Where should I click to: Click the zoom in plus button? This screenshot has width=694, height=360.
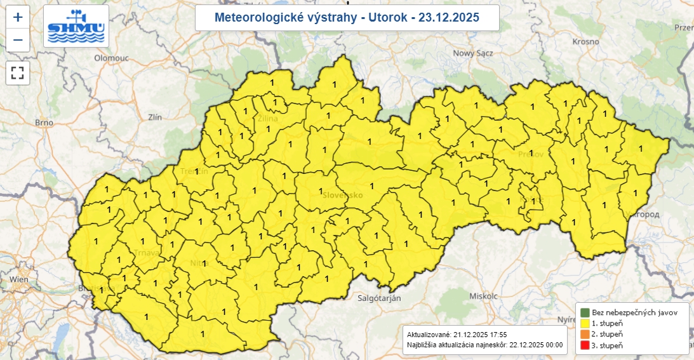pyautogui.click(x=18, y=17)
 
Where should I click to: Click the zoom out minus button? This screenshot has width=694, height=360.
pyautogui.click(x=18, y=40)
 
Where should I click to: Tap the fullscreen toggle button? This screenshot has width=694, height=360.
pyautogui.click(x=18, y=72)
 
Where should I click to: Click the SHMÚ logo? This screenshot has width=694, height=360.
pyautogui.click(x=76, y=26)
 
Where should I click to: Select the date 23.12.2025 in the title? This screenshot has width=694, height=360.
pyautogui.click(x=445, y=17)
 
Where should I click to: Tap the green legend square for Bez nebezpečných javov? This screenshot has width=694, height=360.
pyautogui.click(x=584, y=312)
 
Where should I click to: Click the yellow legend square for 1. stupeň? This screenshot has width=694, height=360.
pyautogui.click(x=584, y=323)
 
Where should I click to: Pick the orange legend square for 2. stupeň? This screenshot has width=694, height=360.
pyautogui.click(x=584, y=334)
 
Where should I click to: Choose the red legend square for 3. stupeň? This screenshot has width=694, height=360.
pyautogui.click(x=584, y=345)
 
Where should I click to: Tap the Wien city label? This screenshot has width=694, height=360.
pyautogui.click(x=19, y=279)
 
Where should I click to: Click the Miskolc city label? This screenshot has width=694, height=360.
pyautogui.click(x=483, y=297)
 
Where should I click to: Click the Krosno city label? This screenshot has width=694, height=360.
pyautogui.click(x=585, y=41)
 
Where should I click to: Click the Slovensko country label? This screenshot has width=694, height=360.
pyautogui.click(x=342, y=195)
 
